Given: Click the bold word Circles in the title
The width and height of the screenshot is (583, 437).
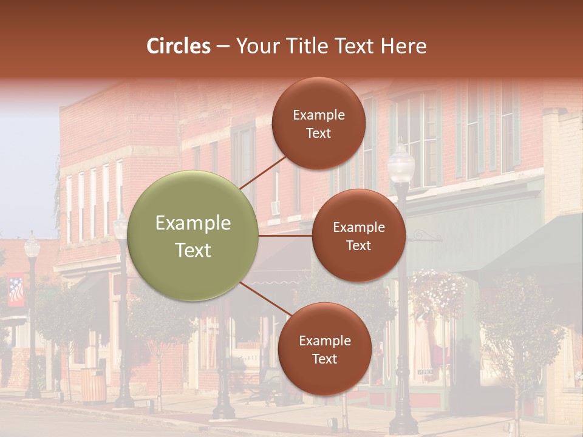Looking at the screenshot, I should point(178,46).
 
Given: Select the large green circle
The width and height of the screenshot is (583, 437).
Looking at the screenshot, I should point(194,235).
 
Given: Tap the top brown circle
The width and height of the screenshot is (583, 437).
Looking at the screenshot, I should point(319,123).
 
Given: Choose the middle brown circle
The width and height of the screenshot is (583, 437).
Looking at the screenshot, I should point(359,235).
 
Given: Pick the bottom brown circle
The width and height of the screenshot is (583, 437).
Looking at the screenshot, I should point(324,349).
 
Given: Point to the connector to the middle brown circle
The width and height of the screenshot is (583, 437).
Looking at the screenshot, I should point(285,235).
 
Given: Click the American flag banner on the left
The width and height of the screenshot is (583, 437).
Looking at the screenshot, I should point(16,291).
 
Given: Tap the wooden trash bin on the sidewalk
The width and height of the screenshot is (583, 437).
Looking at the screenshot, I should point(93,384).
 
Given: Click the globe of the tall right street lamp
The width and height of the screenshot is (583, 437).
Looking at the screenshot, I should point(401,163).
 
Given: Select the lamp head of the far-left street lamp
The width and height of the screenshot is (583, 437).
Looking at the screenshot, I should point(32,246).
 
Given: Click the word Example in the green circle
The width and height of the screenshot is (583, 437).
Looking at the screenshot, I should point(193,223).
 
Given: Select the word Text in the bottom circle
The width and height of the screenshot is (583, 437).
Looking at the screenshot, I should point(324,359).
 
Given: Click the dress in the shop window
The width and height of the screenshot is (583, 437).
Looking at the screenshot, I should point(423,346).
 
